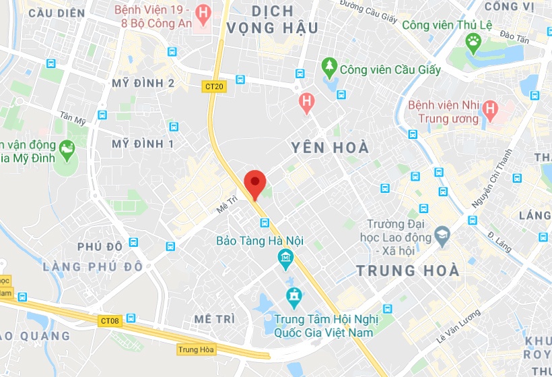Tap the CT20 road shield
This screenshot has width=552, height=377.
[214, 86]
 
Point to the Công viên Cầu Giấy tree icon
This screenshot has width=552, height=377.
[329, 67]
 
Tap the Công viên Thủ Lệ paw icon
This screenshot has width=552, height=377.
[474, 43]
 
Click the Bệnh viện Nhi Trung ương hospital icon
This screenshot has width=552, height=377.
[490, 108]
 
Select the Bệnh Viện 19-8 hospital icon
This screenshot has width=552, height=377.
[201, 13]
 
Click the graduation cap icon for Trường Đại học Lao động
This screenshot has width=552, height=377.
[442, 235]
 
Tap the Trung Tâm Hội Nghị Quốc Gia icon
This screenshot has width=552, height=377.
[294, 295]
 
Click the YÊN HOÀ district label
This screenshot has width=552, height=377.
[330, 147]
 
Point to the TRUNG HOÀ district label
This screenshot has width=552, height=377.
[407, 271]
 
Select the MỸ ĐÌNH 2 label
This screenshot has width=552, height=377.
[143, 83]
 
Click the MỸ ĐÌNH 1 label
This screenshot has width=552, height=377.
[143, 144]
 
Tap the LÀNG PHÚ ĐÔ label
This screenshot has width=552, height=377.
[93, 266]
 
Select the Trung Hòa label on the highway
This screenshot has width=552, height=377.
[196, 349]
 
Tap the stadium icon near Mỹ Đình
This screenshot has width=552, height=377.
[67, 147]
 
